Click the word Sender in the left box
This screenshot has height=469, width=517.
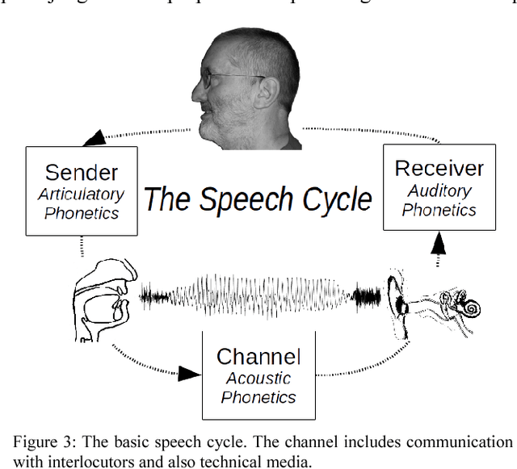(x=82, y=172)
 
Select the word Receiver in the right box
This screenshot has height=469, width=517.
(x=439, y=169)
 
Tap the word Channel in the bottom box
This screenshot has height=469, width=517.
(x=258, y=357)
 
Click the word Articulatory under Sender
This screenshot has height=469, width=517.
(x=82, y=195)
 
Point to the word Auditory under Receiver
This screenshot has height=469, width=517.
(x=439, y=191)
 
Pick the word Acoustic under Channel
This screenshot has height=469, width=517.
(x=258, y=378)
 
